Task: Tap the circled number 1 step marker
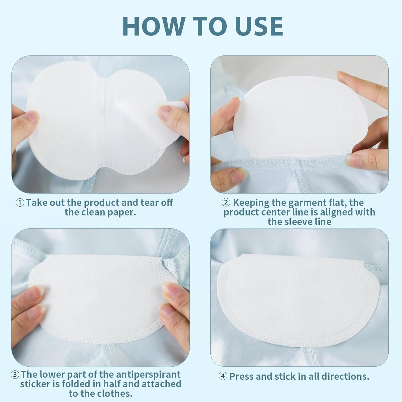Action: [x=20, y=203]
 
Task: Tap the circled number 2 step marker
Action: [x=226, y=203]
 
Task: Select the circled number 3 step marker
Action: [x=15, y=374]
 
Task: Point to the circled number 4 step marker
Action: [x=223, y=376]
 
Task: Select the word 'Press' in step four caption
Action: [x=241, y=376]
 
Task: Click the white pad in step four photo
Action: [x=298, y=300]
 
